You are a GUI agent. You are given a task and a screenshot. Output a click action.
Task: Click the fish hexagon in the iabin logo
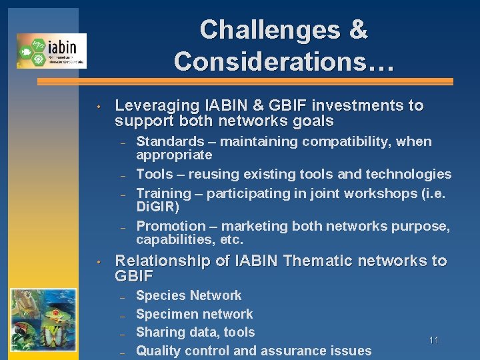27,51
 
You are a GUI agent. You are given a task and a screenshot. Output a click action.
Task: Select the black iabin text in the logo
63,47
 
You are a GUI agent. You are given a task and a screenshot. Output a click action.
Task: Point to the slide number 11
434,341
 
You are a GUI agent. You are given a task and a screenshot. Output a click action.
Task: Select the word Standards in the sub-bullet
170,141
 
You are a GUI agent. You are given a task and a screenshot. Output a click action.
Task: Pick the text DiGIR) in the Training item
158,207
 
